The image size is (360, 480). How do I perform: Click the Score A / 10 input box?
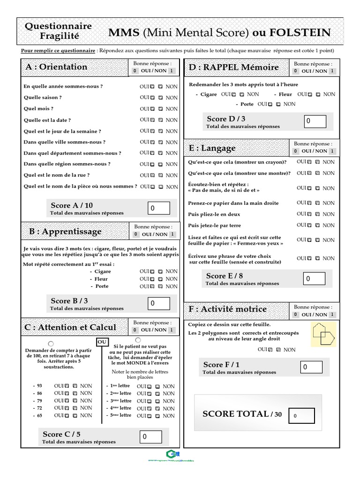pos(158,208)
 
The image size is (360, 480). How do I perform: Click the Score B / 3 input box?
pos(158,304)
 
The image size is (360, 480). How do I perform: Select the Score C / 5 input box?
pos(150,437)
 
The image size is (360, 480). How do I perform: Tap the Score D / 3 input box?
pos(315,121)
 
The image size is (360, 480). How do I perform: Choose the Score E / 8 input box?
pos(314,279)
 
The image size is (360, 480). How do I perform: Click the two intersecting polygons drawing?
pos(324,333)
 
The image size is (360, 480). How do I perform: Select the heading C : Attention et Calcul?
pos(70,327)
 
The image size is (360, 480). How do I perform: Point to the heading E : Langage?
pos(212,149)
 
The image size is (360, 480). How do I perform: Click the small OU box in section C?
pos(102,342)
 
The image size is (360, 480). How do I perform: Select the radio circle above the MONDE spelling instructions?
pos(138,340)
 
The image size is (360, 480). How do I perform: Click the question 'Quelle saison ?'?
pos(43,97)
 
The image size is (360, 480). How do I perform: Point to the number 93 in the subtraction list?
pos(39,386)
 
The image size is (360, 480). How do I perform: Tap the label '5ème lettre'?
pos(120,415)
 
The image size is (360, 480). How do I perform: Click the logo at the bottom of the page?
pos(169,454)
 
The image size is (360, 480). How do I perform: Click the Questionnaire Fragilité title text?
pos(58,31)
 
